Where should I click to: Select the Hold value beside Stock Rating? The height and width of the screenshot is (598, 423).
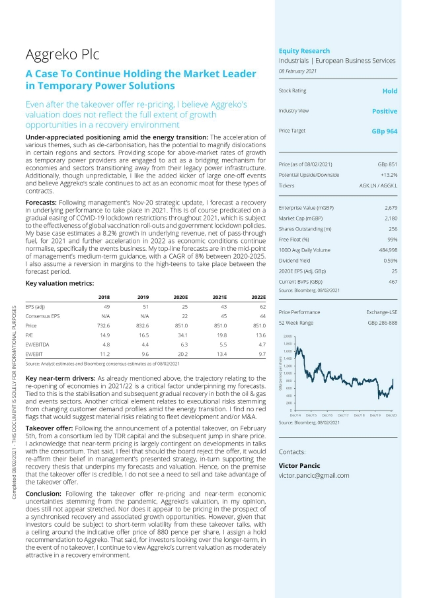(390, 91)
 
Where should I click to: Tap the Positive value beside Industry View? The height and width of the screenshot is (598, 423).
(385, 111)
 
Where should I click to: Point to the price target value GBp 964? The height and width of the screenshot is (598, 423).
(384, 131)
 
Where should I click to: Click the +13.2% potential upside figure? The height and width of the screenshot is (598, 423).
(387, 174)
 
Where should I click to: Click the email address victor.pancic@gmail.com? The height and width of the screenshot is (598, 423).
(314, 475)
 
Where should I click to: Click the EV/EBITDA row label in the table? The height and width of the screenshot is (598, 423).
(37, 344)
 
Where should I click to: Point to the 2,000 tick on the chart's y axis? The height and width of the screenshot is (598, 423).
(288, 337)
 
